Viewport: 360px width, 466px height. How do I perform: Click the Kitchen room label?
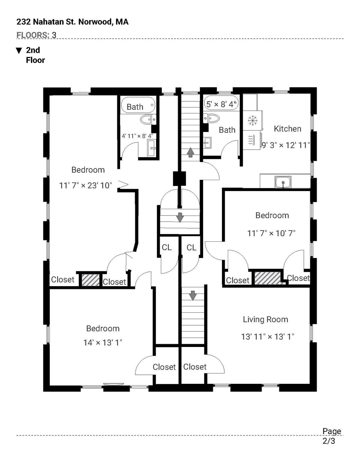point(287,129)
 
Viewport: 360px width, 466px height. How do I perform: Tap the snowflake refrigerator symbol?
point(253,121)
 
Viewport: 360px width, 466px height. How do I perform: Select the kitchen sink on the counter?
point(283,182)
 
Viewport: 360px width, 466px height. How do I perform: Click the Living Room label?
point(265,319)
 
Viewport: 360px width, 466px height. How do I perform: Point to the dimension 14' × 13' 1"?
point(103,342)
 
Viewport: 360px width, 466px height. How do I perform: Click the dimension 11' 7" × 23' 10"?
point(86,185)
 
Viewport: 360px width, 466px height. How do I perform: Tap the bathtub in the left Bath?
point(138,105)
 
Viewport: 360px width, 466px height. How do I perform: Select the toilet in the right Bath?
point(211,118)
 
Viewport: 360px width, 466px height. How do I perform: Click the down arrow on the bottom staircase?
point(193,295)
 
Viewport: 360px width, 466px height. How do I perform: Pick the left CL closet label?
point(166,247)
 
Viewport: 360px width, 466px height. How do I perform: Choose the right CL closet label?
point(191,248)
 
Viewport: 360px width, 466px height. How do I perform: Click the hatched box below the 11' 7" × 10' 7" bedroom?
point(268,278)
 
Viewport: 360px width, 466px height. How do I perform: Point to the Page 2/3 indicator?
point(332,436)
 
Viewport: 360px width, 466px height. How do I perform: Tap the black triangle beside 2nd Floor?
point(19,51)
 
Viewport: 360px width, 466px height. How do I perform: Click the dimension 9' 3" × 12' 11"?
point(286,145)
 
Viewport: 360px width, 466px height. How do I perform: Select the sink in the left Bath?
point(152,148)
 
